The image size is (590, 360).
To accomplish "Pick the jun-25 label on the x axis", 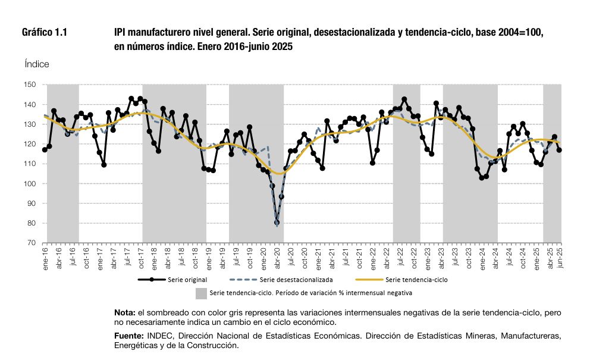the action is tap(560, 258).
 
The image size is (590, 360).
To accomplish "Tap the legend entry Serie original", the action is tap(172, 280).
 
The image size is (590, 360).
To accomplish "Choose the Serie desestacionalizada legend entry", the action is tap(281, 280).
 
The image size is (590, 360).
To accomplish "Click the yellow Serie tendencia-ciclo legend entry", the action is tap(401, 280).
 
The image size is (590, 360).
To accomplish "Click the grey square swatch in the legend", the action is tap(201, 293).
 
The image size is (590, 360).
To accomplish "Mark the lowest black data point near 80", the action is tap(277, 223).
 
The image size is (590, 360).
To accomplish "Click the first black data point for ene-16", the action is tap(45, 150).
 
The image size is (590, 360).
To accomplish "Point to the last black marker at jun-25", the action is tap(559, 150).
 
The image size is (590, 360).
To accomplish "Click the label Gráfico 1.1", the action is tap(45, 32).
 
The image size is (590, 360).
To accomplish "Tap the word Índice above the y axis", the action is tap(37, 64).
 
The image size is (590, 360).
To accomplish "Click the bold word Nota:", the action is tap(125, 312).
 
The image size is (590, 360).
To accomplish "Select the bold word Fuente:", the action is tap(129, 336).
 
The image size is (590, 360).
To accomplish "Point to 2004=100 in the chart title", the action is tap(521, 32).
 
